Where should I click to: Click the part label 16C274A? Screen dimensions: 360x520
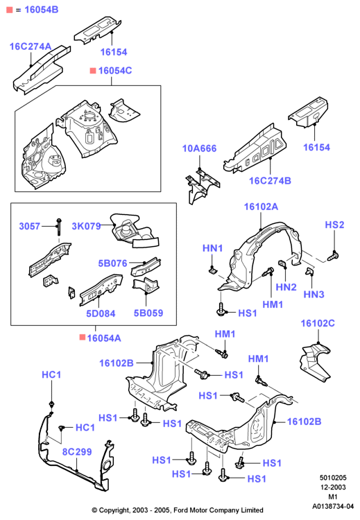(x=31, y=46)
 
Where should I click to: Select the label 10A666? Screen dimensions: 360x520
(x=199, y=148)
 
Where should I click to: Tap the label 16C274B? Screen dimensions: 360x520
(x=270, y=181)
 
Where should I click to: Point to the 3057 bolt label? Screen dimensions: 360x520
(x=30, y=226)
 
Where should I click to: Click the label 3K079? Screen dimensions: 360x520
(x=86, y=226)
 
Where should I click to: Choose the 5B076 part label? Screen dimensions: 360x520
(x=113, y=263)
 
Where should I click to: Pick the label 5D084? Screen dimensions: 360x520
(x=101, y=313)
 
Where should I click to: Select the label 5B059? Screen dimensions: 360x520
(x=148, y=313)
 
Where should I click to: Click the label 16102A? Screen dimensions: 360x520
(x=261, y=207)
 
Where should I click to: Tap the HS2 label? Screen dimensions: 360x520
(x=334, y=225)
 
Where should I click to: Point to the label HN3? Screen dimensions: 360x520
(x=314, y=294)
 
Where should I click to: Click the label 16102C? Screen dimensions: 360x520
(x=318, y=323)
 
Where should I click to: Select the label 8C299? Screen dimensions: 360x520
(x=77, y=451)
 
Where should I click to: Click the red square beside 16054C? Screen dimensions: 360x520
(x=93, y=71)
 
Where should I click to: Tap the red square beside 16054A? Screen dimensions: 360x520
(x=83, y=337)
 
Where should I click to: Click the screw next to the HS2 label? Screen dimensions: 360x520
(x=334, y=256)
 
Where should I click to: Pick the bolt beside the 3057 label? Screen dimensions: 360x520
(x=59, y=227)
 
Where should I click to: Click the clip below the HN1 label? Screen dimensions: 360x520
(x=212, y=270)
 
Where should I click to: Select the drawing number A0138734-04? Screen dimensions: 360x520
(x=333, y=506)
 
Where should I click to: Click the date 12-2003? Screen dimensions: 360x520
(x=333, y=487)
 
